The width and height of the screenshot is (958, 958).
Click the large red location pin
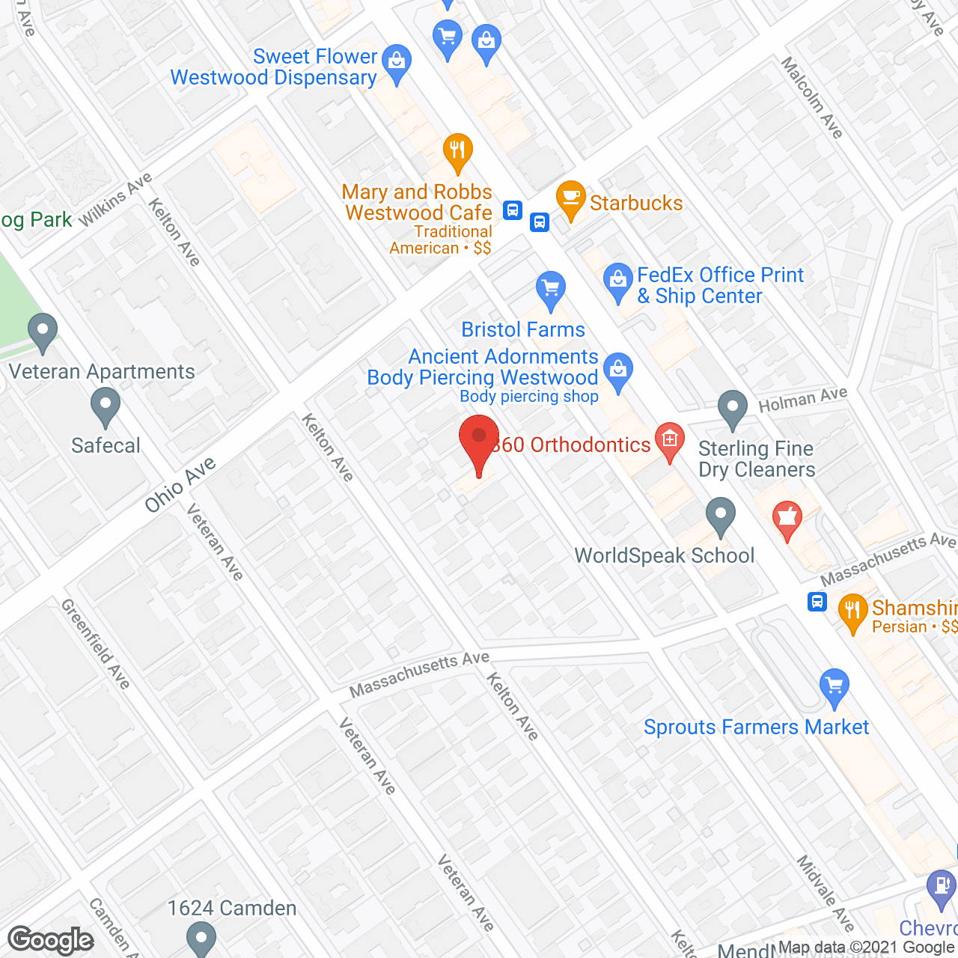(x=479, y=442)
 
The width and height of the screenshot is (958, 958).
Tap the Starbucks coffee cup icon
(x=571, y=199)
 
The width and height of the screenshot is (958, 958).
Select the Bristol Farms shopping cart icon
(x=551, y=289)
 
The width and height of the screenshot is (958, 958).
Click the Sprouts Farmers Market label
(x=756, y=727)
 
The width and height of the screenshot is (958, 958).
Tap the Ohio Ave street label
(x=180, y=485)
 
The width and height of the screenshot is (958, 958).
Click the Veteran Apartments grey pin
(x=43, y=332)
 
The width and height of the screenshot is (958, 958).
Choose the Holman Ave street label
(x=802, y=400)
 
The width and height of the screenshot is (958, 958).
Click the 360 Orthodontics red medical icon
(x=669, y=440)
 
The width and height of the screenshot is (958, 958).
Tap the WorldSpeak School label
(x=665, y=555)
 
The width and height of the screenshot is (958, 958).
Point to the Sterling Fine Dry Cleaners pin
(x=732, y=409)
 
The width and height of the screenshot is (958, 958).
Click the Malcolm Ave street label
(x=812, y=97)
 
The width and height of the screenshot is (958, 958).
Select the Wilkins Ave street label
(x=115, y=198)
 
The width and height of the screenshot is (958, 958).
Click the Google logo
(x=51, y=940)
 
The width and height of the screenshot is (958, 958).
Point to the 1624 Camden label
(x=232, y=908)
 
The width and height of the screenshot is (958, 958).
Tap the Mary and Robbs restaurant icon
(x=457, y=151)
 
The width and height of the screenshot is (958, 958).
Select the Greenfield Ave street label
(x=96, y=643)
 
